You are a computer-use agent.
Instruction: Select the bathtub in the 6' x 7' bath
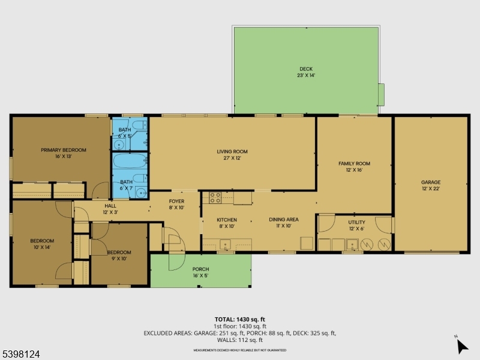pos(130,162)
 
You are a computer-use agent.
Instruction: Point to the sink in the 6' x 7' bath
pos(139,192)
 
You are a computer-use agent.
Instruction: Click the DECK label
pos(305,69)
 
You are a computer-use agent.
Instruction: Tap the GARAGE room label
pos(430,182)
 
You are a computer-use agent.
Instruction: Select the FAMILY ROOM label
pos(354,163)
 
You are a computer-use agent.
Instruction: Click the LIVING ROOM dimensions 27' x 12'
pos(232,158)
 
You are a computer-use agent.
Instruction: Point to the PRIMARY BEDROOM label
pos(63,150)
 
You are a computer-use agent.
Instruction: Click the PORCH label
pos(200,269)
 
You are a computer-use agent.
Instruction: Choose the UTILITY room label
pos(356,222)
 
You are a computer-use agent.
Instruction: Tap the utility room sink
pos(353,244)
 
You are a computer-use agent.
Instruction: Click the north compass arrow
pos(462,346)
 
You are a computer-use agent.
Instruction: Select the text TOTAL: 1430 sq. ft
pos(239,319)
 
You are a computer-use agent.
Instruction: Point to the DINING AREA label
pos(283,220)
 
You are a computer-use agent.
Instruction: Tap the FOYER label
pos(176,202)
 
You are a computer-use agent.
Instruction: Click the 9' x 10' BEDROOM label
pos(119,253)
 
